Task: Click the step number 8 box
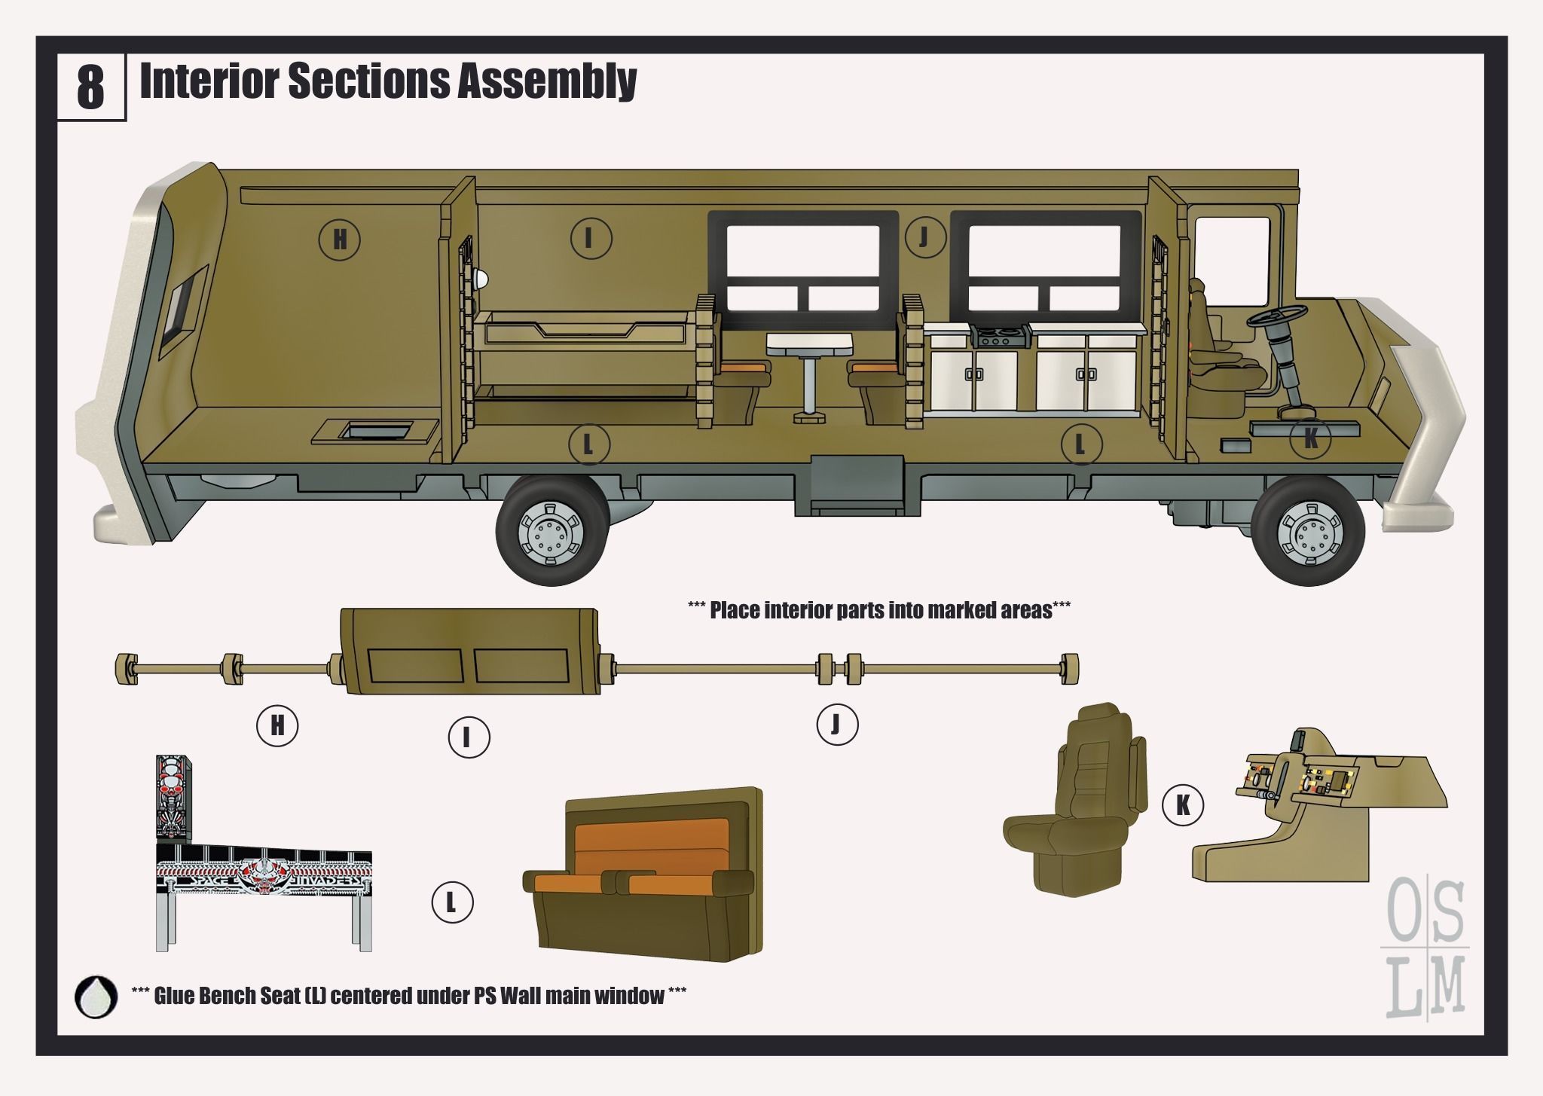(x=91, y=87)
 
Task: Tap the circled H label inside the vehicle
(x=340, y=240)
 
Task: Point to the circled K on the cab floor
(x=1310, y=439)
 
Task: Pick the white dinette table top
(x=810, y=346)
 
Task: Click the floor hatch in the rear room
(x=375, y=432)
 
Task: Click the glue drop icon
(x=96, y=997)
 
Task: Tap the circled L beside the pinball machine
(x=452, y=902)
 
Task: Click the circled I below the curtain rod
(x=469, y=737)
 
